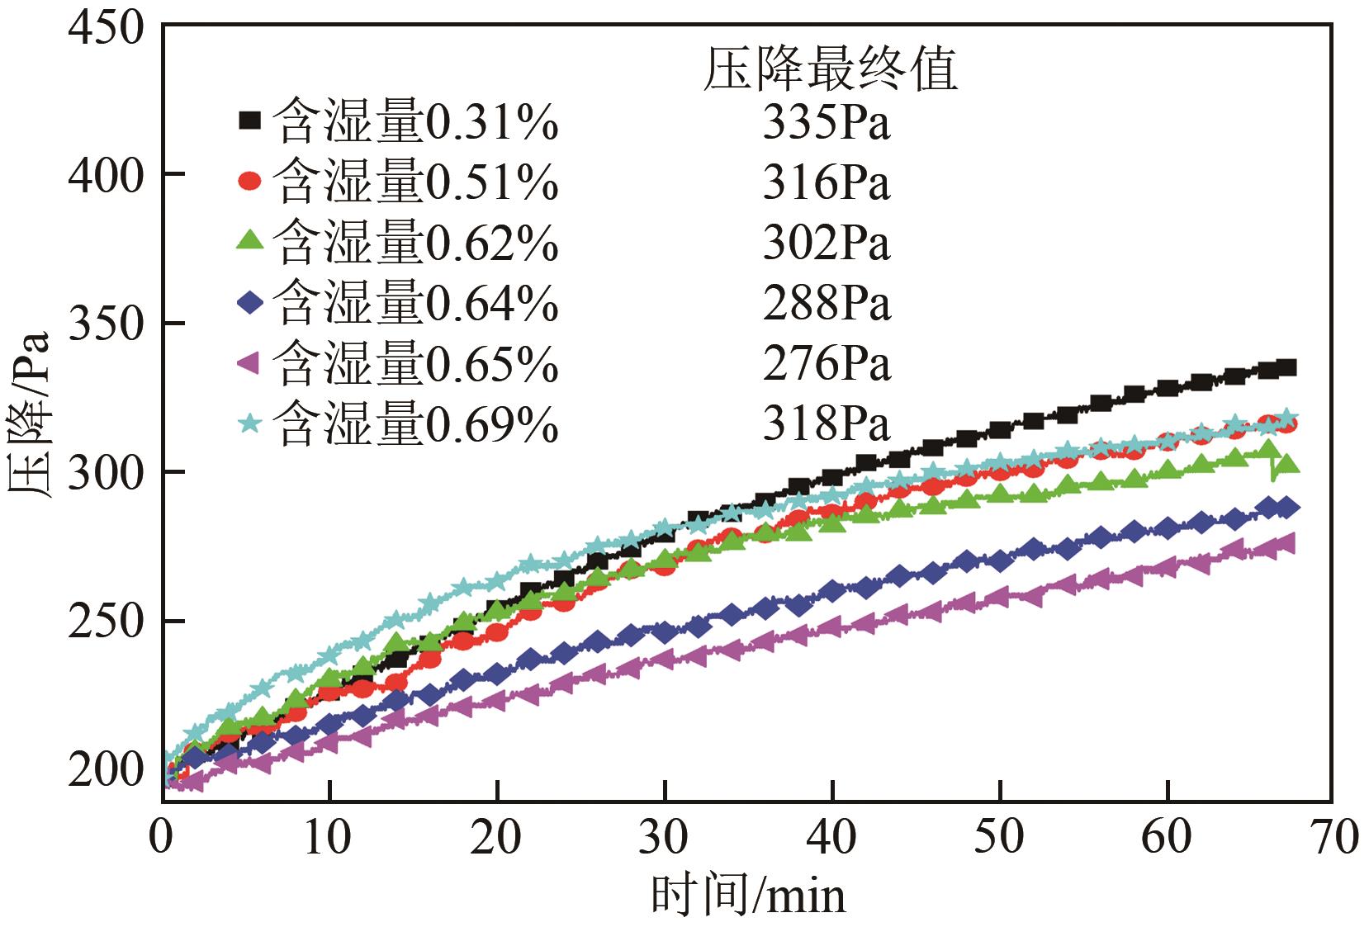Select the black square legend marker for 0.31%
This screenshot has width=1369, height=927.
249,121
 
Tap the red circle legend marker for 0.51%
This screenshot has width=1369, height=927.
249,181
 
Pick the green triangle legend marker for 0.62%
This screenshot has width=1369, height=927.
249,241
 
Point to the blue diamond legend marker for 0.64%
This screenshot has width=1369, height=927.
249,303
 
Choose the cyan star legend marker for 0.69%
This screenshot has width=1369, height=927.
249,423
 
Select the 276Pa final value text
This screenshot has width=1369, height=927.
827,364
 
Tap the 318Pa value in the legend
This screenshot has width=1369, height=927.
827,424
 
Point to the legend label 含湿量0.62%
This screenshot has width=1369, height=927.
415,244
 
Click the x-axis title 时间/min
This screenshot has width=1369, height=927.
748,896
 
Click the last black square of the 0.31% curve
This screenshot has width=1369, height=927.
1286,367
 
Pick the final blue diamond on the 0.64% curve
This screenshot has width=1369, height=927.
1286,508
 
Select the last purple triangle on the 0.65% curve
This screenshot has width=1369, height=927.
1285,542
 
